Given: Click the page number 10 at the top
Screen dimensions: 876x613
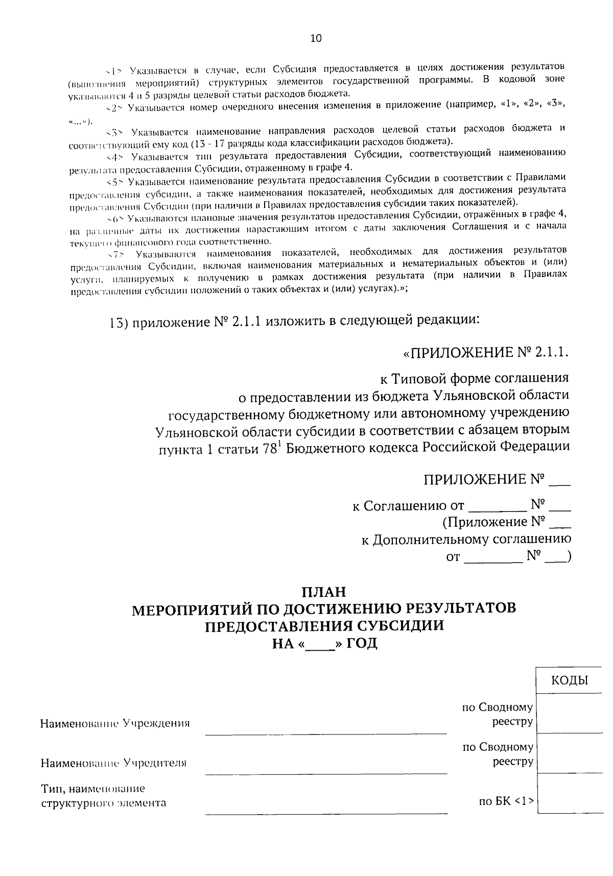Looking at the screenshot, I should [x=316, y=38].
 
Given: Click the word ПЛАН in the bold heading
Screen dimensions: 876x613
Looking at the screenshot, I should [x=324, y=592].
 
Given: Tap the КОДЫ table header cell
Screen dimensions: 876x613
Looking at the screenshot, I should [x=570, y=680].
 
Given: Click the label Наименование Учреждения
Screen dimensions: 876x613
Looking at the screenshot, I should [x=115, y=723].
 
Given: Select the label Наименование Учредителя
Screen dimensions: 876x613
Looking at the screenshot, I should [x=113, y=763].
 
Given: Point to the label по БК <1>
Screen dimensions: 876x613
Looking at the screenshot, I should [x=506, y=801].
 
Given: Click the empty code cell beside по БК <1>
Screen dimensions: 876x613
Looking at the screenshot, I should [x=570, y=793].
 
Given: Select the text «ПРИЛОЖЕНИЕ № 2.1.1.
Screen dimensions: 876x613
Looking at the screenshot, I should [x=485, y=353].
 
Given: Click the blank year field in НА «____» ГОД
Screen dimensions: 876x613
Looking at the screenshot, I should [x=319, y=643].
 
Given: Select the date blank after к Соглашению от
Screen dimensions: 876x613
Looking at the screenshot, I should [x=497, y=506].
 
